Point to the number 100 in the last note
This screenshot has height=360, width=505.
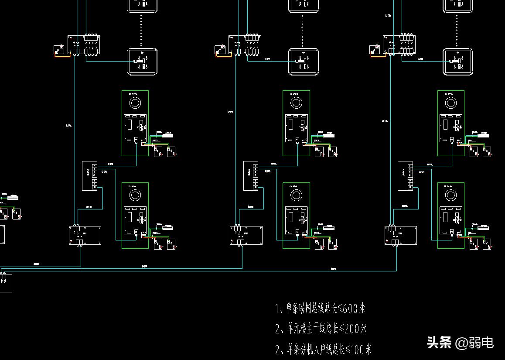(361, 349)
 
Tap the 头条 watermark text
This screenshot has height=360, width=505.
(439, 343)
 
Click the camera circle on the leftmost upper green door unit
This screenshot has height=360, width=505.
(135, 103)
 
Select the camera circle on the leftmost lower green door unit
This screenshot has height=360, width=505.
(135, 195)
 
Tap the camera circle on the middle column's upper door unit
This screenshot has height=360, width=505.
(296, 103)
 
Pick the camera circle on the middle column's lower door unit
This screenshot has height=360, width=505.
(296, 195)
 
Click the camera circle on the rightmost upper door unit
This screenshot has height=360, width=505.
(451, 103)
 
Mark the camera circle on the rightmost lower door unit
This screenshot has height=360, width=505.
(451, 195)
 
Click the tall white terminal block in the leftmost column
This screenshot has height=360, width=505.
(89, 176)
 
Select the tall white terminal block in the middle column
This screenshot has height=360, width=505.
(250, 176)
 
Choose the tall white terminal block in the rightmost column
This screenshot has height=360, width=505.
(405, 176)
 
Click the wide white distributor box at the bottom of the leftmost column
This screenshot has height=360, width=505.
(85, 235)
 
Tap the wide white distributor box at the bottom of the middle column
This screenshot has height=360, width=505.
(246, 235)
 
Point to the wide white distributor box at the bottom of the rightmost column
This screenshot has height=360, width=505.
(400, 235)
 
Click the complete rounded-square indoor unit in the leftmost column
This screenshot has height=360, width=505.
(142, 62)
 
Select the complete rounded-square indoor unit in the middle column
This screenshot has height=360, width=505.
(303, 62)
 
